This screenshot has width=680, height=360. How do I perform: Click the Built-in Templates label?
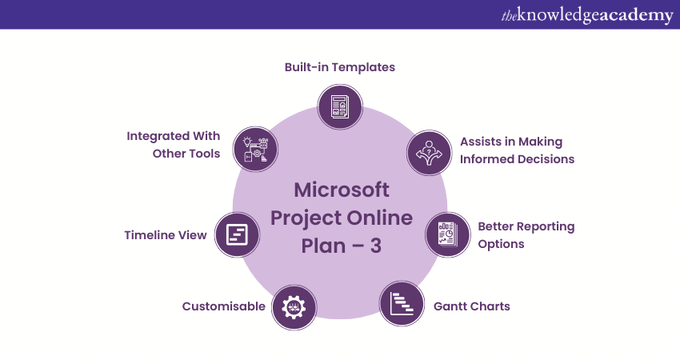click(340, 67)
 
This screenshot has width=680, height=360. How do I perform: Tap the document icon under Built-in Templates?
click(340, 106)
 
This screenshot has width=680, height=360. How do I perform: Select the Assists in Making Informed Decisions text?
click(517, 150)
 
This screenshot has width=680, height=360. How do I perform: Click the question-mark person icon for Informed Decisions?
click(430, 152)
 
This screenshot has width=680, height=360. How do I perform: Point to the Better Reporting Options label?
click(526, 235)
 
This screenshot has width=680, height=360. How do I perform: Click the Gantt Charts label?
click(471, 306)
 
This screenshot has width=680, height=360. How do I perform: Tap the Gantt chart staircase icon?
click(402, 303)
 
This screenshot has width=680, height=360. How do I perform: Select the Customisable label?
click(223, 306)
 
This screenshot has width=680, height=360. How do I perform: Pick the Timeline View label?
click(166, 235)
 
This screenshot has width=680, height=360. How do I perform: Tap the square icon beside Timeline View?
click(238, 234)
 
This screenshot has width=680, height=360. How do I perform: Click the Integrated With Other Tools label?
click(174, 145)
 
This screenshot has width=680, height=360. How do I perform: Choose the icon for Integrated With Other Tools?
click(255, 148)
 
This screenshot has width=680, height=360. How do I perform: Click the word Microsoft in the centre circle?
click(342, 190)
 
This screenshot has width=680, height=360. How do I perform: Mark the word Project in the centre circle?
click(303, 218)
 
